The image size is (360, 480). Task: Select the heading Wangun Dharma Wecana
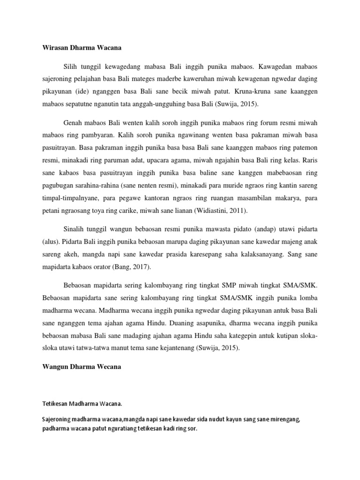tap(79, 367)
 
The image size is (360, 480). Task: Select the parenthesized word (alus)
tap(48, 242)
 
